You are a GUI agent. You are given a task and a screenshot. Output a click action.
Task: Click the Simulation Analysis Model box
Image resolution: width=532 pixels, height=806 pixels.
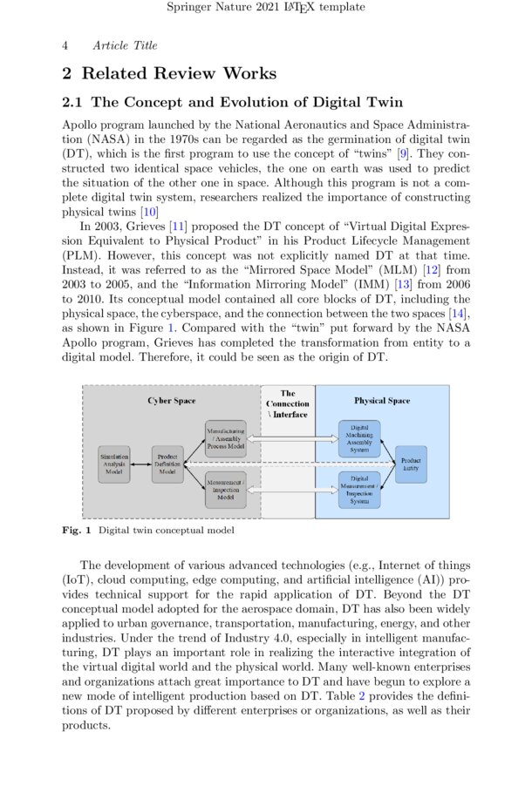tap(113, 464)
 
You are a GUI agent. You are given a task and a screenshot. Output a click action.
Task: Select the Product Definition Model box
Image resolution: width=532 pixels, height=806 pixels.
tap(167, 464)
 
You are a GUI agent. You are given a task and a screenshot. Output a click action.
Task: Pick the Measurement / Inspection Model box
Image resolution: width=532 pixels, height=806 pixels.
tap(226, 489)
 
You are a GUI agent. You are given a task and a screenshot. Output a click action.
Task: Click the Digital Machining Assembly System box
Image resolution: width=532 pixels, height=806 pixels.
tap(359, 437)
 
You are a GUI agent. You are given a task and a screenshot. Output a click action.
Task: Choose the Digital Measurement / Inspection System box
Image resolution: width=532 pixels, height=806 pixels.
tap(359, 490)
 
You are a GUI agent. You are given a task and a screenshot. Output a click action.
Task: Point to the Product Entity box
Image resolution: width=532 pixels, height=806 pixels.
tap(411, 464)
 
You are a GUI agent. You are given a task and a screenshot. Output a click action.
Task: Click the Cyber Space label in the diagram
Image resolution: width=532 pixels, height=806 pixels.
tap(171, 401)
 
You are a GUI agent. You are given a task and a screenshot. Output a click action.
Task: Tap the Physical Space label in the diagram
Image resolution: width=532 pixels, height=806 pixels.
tap(381, 401)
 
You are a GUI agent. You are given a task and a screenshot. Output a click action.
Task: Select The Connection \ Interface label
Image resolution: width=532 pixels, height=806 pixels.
tap(288, 403)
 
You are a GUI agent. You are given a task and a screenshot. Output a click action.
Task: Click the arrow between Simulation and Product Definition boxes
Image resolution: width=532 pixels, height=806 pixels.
tap(140, 464)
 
